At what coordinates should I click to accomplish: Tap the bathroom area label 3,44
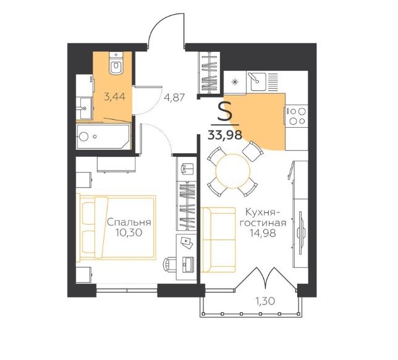[115, 97]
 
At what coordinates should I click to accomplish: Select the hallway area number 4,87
[174, 98]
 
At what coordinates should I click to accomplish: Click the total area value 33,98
[224, 135]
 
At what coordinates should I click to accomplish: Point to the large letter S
[225, 114]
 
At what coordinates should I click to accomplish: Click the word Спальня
[129, 222]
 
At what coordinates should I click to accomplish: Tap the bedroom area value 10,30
[129, 232]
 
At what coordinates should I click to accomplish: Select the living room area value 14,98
[263, 233]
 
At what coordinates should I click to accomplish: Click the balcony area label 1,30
[266, 301]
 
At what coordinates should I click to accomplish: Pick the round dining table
[233, 171]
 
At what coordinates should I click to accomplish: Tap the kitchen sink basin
[257, 81]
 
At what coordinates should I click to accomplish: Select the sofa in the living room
[218, 240]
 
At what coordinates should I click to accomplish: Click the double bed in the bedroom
[116, 227]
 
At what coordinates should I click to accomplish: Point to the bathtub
[103, 136]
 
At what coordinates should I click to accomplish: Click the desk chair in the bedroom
[169, 265]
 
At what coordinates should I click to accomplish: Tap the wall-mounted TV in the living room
[300, 233]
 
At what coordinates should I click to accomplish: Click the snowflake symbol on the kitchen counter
[235, 82]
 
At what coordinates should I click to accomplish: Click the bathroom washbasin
[84, 108]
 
